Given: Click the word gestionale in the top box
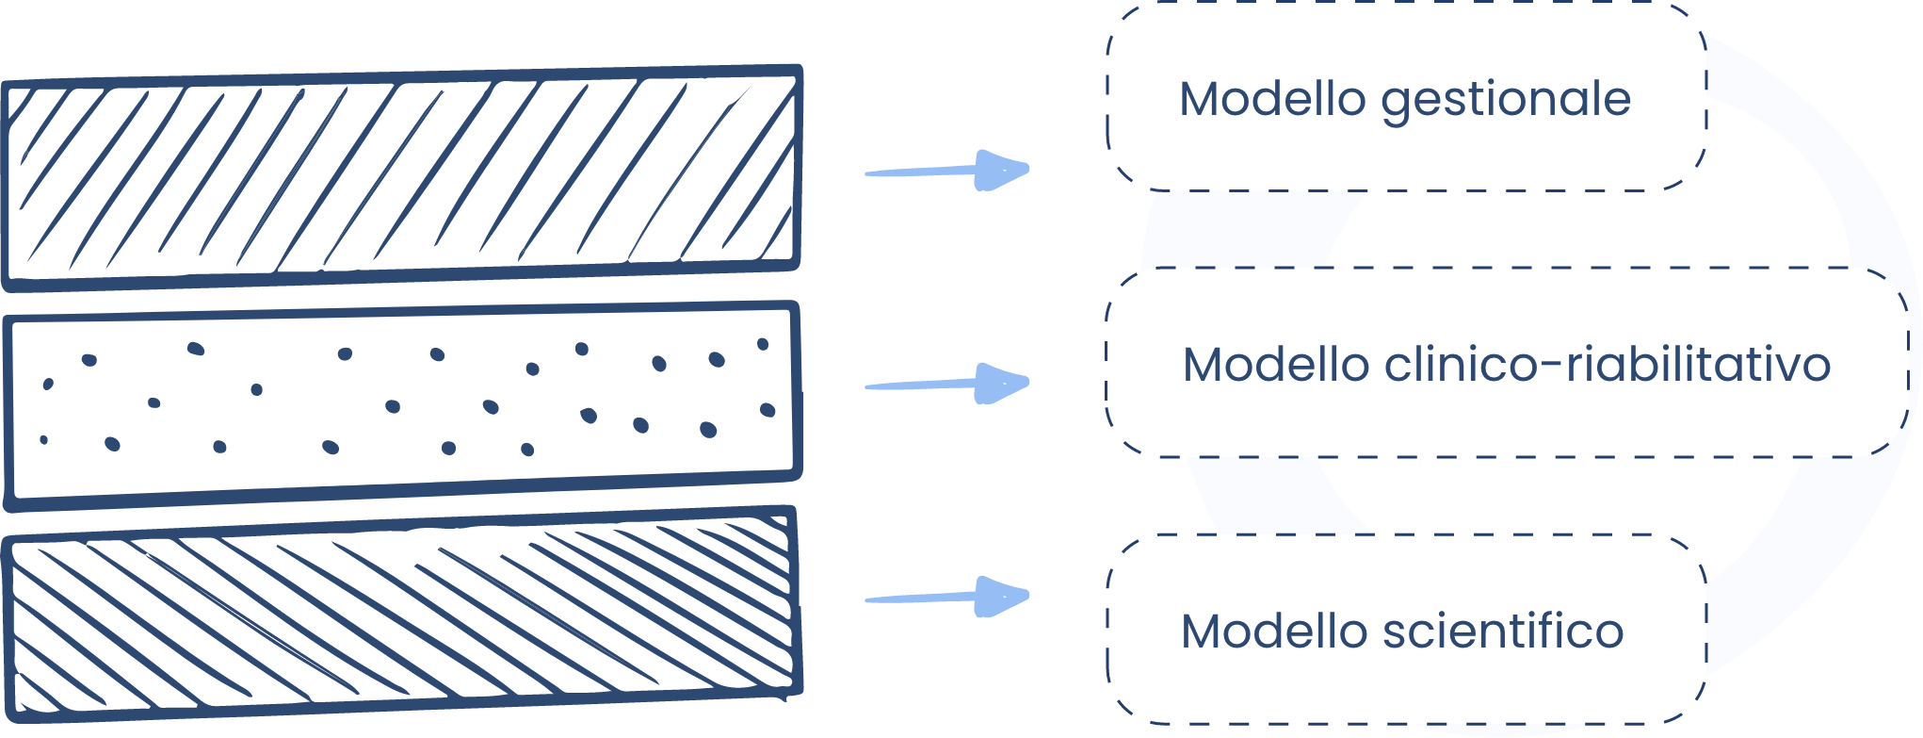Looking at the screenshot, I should (x=1506, y=100).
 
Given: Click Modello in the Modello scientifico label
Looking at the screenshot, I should (x=1273, y=631).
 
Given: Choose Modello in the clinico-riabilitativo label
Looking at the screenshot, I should (x=1275, y=365).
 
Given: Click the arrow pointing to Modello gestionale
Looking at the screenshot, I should (x=946, y=171).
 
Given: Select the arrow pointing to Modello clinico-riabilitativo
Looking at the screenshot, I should (x=946, y=384).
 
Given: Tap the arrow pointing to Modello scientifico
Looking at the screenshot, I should (x=946, y=597).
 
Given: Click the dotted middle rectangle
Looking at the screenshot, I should (x=403, y=405).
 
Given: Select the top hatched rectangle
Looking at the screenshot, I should (x=403, y=176).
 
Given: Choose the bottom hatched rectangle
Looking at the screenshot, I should (x=403, y=617).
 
